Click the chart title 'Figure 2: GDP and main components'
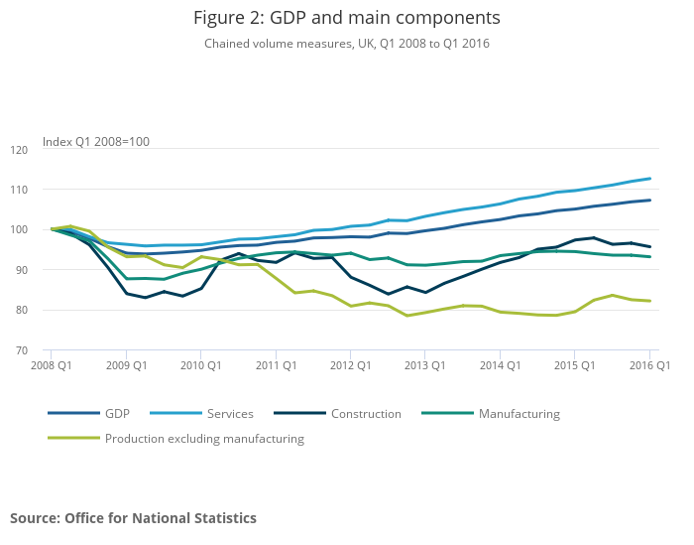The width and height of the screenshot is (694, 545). [346, 18]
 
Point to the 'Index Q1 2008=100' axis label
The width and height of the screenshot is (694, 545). [95, 142]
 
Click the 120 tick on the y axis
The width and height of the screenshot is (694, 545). [19, 149]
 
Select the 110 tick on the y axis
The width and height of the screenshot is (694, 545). [19, 190]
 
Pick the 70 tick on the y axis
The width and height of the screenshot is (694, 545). [21, 350]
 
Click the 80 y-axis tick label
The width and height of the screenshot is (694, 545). [21, 310]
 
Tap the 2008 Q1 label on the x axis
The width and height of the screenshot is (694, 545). [51, 366]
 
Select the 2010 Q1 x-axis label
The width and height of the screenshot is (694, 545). [200, 366]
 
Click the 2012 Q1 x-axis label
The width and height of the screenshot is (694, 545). [350, 366]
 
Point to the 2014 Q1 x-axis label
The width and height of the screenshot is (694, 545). [500, 366]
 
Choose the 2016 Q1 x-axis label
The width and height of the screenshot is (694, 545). [649, 366]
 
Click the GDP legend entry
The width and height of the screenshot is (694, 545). [118, 414]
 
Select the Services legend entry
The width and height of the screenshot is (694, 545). [230, 414]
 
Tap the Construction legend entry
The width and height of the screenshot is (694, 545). [366, 414]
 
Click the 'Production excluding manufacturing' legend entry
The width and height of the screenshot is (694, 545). [204, 438]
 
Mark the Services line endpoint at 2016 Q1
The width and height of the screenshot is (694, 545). [649, 179]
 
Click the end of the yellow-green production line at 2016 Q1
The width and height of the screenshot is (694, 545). [649, 301]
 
